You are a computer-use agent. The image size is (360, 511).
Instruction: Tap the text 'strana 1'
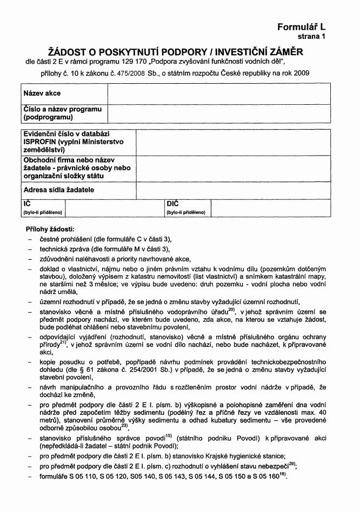click(312, 37)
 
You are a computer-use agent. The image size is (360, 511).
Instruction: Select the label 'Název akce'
click(42, 94)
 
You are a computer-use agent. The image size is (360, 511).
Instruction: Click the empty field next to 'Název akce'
click(219, 94)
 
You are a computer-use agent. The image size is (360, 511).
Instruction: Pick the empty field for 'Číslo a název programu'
click(219, 113)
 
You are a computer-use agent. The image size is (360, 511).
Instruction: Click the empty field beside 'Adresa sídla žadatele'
click(233, 190)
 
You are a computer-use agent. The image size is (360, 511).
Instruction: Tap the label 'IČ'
click(26, 204)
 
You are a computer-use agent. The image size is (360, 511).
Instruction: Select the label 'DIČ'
click(172, 204)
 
